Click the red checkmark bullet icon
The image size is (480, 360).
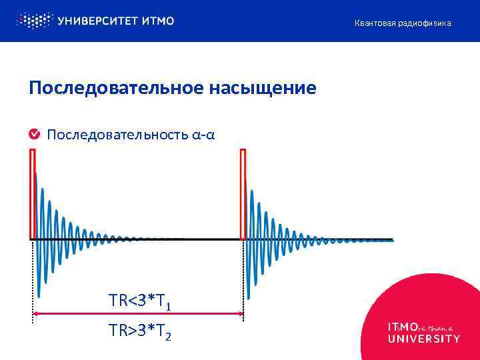click(x=33, y=135)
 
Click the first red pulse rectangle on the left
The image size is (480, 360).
click(x=32, y=193)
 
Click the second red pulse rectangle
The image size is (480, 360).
click(x=243, y=193)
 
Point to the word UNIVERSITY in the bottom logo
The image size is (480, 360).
click(x=423, y=338)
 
